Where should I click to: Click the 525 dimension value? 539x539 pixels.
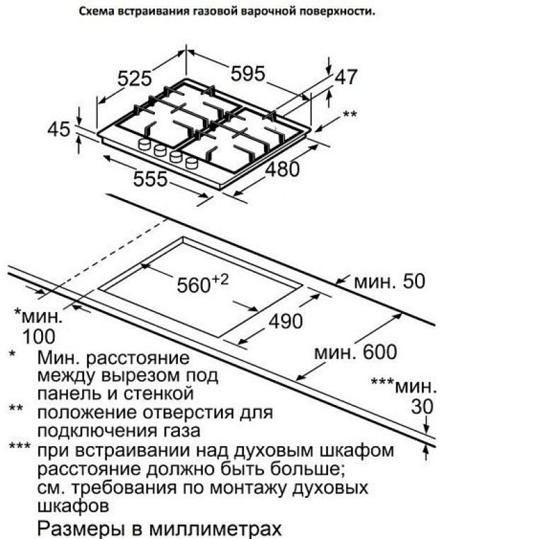coord(134,78)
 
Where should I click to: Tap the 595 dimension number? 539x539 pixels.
coord(248,73)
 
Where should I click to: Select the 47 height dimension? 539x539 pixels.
coord(346,77)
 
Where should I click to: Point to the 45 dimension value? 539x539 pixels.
coord(59,129)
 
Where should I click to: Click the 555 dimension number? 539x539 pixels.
coord(150,179)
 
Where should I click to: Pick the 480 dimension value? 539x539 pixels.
coord(282,169)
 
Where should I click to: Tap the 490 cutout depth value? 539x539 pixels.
coord(285,322)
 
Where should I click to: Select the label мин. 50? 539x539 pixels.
coord(389,281)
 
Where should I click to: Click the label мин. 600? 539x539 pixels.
coord(356,352)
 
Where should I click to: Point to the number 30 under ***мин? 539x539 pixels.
coord(422,407)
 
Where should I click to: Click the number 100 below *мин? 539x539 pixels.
coord(38,336)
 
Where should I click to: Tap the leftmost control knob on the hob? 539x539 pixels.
coord(144,144)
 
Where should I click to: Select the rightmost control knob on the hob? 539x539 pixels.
coord(191,162)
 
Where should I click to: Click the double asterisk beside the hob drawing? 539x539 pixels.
coord(350,114)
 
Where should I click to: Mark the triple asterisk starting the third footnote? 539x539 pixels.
coord(20,446)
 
